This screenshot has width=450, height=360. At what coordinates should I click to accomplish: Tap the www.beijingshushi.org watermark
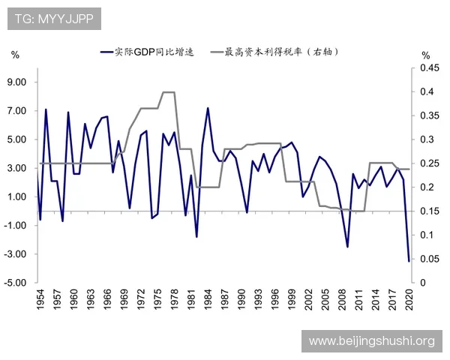[x=371, y=341]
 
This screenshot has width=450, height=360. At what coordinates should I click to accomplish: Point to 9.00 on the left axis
[x=17, y=82]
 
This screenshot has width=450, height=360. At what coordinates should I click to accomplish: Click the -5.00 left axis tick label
[x=16, y=283]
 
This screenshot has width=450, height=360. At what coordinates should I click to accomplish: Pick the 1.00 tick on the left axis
[x=17, y=197]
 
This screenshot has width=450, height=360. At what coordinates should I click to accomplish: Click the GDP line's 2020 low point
[x=409, y=261]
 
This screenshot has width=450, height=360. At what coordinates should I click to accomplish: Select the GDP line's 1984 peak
[x=208, y=108]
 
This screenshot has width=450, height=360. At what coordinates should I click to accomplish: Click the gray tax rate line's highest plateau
[x=169, y=92]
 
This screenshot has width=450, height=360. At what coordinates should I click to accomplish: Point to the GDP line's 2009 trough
[x=347, y=247]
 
